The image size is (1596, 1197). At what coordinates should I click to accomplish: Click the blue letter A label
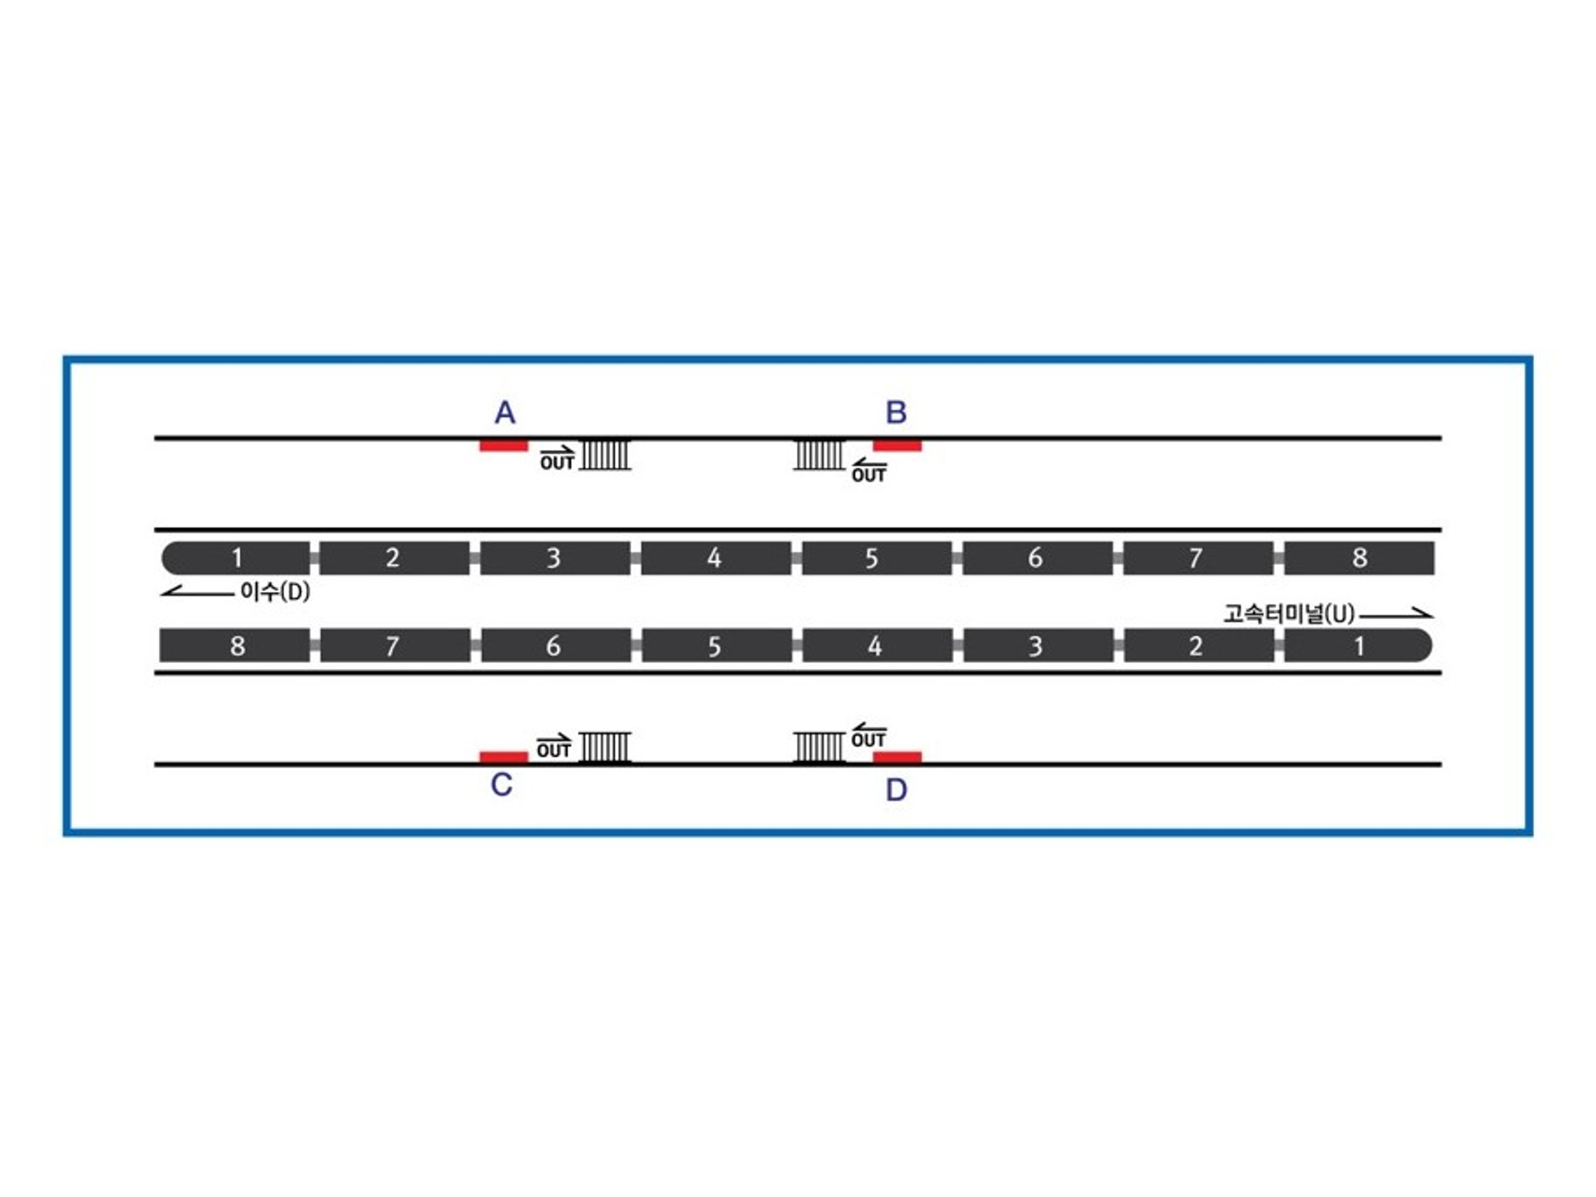[x=504, y=413]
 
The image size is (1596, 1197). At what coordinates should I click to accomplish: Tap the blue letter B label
[x=896, y=413]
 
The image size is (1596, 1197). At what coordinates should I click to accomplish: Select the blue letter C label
[x=501, y=784]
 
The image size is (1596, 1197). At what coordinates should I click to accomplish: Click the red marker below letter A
[x=503, y=446]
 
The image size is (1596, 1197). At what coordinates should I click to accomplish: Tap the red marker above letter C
[x=503, y=757]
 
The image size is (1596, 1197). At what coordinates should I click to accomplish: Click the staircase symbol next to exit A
[x=605, y=454]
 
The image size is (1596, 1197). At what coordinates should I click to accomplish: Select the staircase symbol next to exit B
[x=819, y=454]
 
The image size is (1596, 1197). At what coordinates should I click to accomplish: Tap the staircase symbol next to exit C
[x=605, y=748]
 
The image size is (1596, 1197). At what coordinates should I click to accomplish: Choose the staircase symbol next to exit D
[x=819, y=748]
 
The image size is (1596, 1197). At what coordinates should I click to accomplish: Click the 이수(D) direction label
[x=275, y=592]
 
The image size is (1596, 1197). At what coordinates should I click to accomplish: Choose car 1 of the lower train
[x=1358, y=646]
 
